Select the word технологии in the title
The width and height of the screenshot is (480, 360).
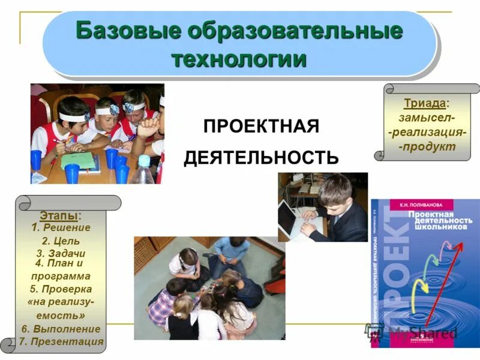pyautogui.click(x=239, y=59)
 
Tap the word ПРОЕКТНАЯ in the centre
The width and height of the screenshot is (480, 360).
pyautogui.click(x=261, y=127)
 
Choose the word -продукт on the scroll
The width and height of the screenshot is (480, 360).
pyautogui.click(x=427, y=146)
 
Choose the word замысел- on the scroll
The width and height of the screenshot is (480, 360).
pyautogui.click(x=427, y=118)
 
